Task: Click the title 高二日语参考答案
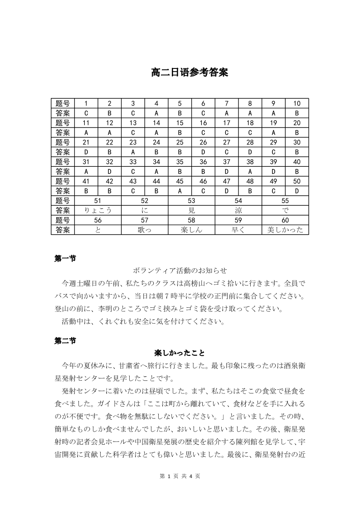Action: point(190,73)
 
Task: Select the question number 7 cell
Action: point(227,103)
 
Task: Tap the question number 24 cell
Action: point(156,142)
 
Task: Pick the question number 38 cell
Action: point(250,161)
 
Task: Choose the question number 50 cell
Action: point(297,181)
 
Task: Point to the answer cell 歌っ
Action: point(145,230)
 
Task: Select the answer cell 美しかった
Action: point(285,230)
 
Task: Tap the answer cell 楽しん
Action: point(191,230)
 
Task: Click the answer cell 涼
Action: point(238,210)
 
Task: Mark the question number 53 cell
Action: point(191,200)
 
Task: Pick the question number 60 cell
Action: point(285,220)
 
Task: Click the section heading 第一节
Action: point(65,258)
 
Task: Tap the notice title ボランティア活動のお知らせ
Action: point(180,271)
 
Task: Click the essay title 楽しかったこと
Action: point(180,353)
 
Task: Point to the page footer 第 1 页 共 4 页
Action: point(180,476)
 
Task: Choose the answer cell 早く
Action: point(238,230)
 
